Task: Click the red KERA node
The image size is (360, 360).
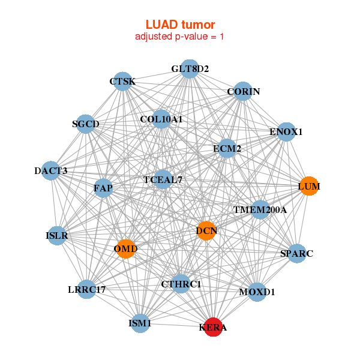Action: (x=213, y=328)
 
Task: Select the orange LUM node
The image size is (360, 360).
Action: (x=308, y=187)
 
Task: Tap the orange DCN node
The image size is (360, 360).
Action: (x=206, y=231)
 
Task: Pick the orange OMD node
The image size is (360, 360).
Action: (x=126, y=248)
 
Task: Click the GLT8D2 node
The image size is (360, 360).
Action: (x=190, y=69)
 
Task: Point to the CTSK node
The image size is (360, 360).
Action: (x=122, y=82)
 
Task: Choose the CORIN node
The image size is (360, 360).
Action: (x=243, y=92)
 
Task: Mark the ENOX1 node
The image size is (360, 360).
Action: (x=286, y=132)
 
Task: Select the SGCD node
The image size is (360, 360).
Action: (x=86, y=124)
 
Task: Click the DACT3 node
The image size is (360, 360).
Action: (x=51, y=171)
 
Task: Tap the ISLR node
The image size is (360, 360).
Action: (x=57, y=236)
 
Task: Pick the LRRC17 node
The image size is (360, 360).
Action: (x=87, y=290)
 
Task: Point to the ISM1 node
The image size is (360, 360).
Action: (x=140, y=324)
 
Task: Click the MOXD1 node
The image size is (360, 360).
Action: (x=257, y=292)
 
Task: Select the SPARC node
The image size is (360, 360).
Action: (x=297, y=254)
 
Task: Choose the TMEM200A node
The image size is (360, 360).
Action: (x=260, y=210)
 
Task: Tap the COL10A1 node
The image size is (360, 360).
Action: (x=161, y=119)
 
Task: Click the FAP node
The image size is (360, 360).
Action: (x=103, y=188)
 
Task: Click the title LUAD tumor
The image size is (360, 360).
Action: (x=180, y=24)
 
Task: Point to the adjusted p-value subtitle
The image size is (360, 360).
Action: (x=180, y=37)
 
